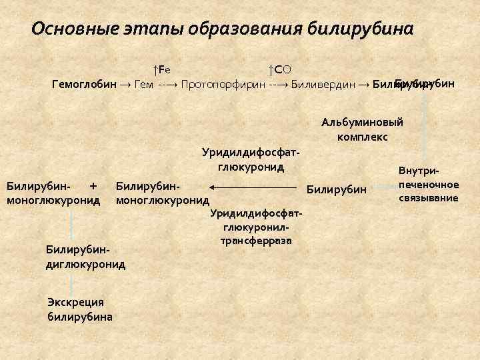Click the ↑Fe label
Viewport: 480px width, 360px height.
click(x=161, y=69)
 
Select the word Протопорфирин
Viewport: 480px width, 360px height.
click(x=223, y=85)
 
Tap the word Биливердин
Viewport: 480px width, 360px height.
click(x=324, y=85)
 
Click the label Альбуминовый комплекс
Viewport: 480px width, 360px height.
click(x=362, y=129)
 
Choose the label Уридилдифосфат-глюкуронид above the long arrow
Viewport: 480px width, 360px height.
click(x=247, y=159)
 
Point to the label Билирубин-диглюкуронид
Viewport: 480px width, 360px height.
click(x=85, y=257)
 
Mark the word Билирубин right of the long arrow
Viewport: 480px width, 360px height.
click(x=336, y=190)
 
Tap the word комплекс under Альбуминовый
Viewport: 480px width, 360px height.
click(x=362, y=136)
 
